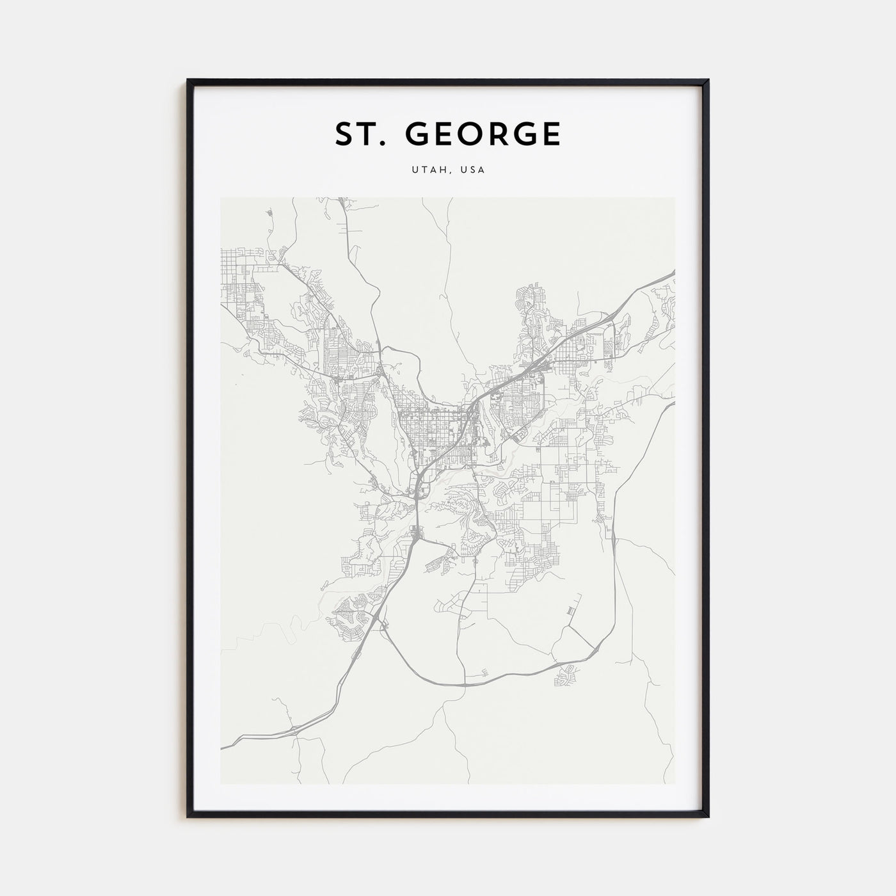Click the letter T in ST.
point(367,134)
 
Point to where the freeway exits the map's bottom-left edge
point(222,746)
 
